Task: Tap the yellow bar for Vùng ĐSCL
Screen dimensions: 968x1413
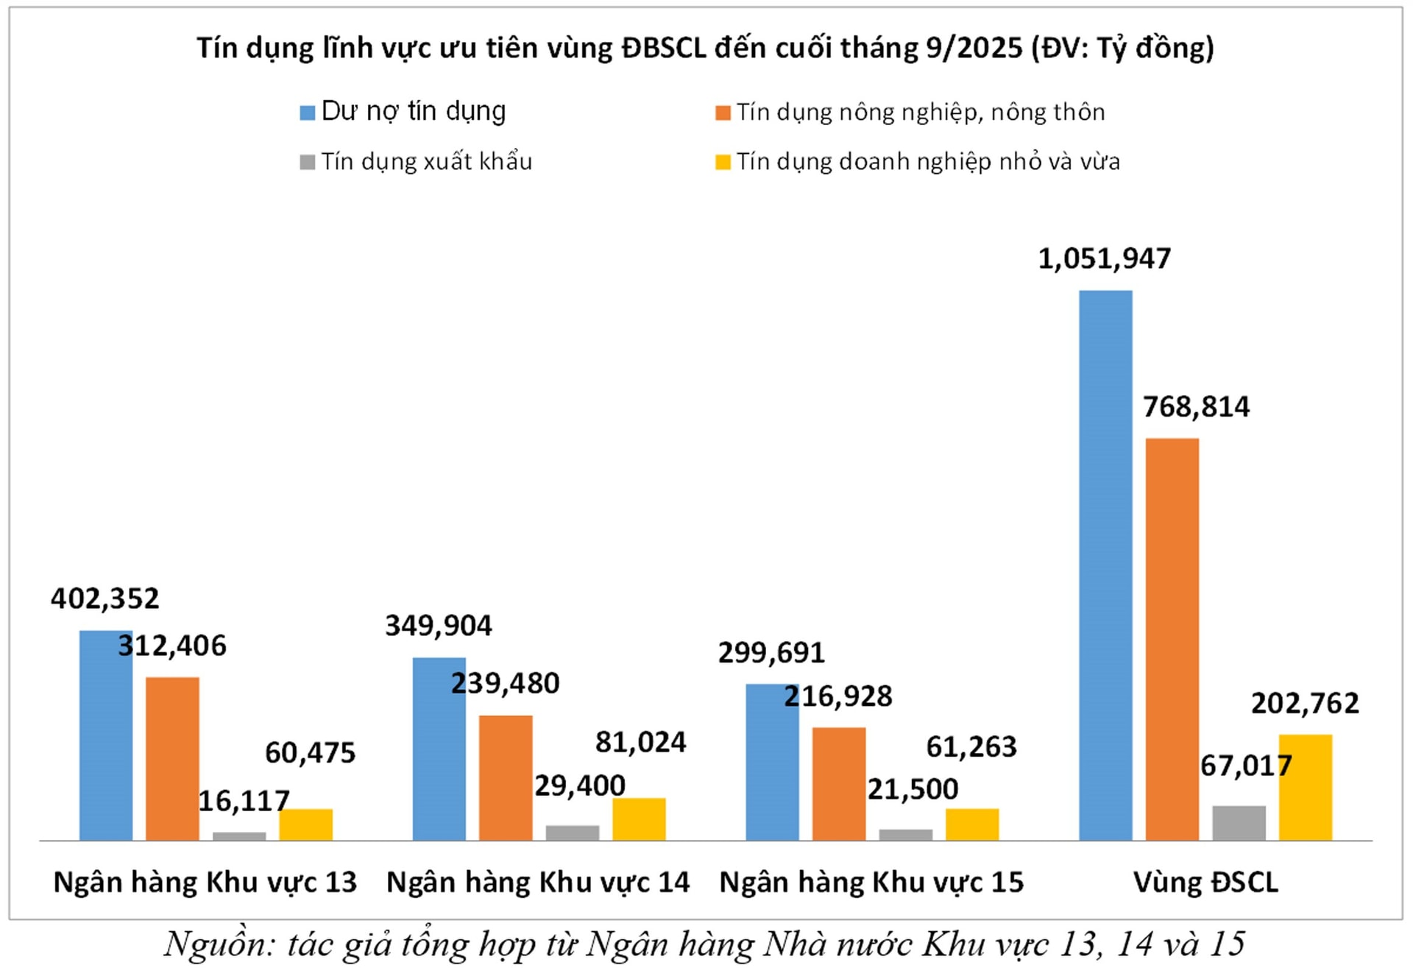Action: pos(1305,787)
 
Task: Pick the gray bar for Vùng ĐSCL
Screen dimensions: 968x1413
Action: pos(1239,823)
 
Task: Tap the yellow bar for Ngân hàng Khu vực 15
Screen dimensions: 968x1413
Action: pos(972,824)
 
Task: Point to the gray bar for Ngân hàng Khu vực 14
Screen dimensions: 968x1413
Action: pos(572,833)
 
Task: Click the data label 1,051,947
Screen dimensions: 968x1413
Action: pos(1104,258)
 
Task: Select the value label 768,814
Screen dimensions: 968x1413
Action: pos(1196,406)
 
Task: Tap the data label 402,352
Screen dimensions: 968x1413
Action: pos(105,598)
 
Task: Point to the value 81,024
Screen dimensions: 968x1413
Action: pos(640,742)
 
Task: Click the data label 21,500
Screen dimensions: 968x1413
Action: pos(913,789)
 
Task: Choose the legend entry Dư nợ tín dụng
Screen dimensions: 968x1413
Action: pos(413,111)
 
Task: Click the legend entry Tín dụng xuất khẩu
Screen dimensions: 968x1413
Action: pos(426,161)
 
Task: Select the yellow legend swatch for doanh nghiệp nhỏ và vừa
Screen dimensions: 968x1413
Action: pos(723,162)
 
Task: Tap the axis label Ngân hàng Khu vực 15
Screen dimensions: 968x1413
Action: pos(871,882)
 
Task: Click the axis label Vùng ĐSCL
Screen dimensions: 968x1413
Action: pos(1205,882)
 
